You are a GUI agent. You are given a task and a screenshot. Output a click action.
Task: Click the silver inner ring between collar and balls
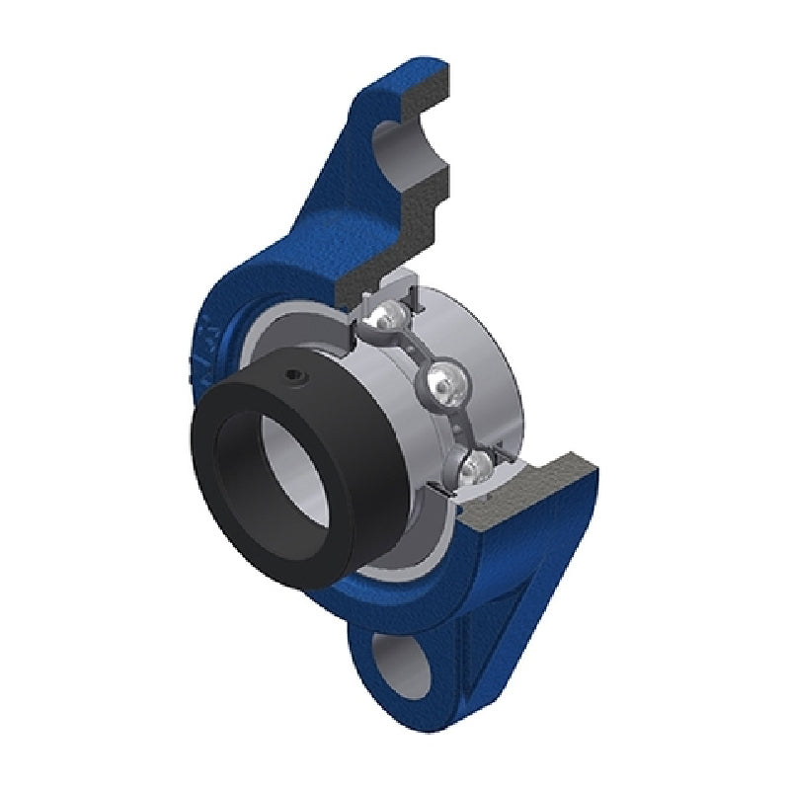click(395, 425)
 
